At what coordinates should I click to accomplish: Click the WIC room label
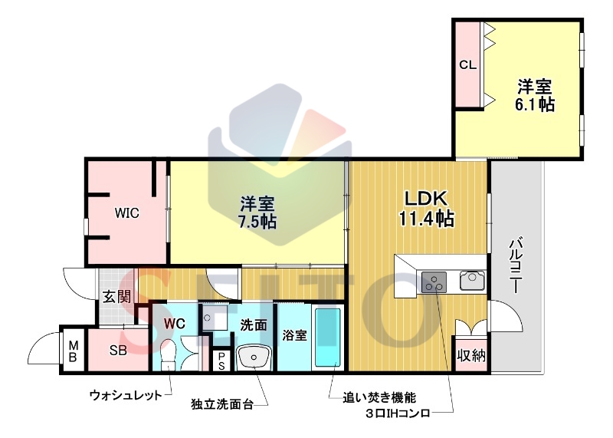pyautogui.click(x=126, y=214)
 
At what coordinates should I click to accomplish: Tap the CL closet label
pyautogui.click(x=467, y=65)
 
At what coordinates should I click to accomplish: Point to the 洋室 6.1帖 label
pyautogui.click(x=535, y=96)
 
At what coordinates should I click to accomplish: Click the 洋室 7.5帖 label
pyautogui.click(x=257, y=212)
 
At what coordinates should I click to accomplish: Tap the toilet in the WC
pyautogui.click(x=169, y=354)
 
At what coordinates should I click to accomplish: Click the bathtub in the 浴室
pyautogui.click(x=328, y=337)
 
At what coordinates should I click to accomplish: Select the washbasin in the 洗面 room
pyautogui.click(x=254, y=357)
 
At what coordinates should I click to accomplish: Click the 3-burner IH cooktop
pyautogui.click(x=434, y=282)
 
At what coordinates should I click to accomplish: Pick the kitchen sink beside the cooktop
pyautogui.click(x=472, y=280)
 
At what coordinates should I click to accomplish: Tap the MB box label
pyautogui.click(x=74, y=351)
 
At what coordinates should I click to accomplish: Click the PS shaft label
pyautogui.click(x=221, y=361)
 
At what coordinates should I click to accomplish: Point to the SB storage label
pyautogui.click(x=118, y=351)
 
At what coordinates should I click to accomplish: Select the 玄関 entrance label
pyautogui.click(x=116, y=298)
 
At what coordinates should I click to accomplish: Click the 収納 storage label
pyautogui.click(x=471, y=355)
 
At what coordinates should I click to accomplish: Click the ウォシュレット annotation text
pyautogui.click(x=126, y=395)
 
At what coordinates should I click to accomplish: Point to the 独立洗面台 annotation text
pyautogui.click(x=221, y=404)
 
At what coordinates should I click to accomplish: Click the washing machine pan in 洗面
pyautogui.click(x=215, y=318)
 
